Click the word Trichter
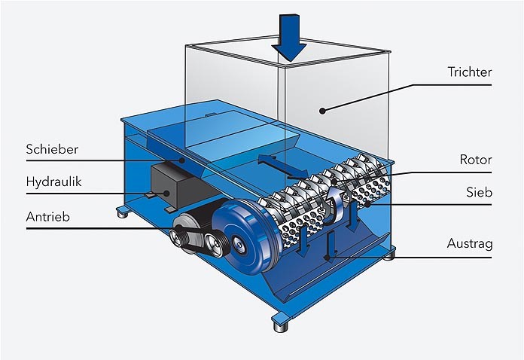470,72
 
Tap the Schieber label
52,149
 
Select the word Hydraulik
53,182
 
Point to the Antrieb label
47,217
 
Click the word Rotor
476,160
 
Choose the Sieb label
480,192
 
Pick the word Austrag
470,244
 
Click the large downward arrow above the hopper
289,38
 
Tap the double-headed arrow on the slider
283,166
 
